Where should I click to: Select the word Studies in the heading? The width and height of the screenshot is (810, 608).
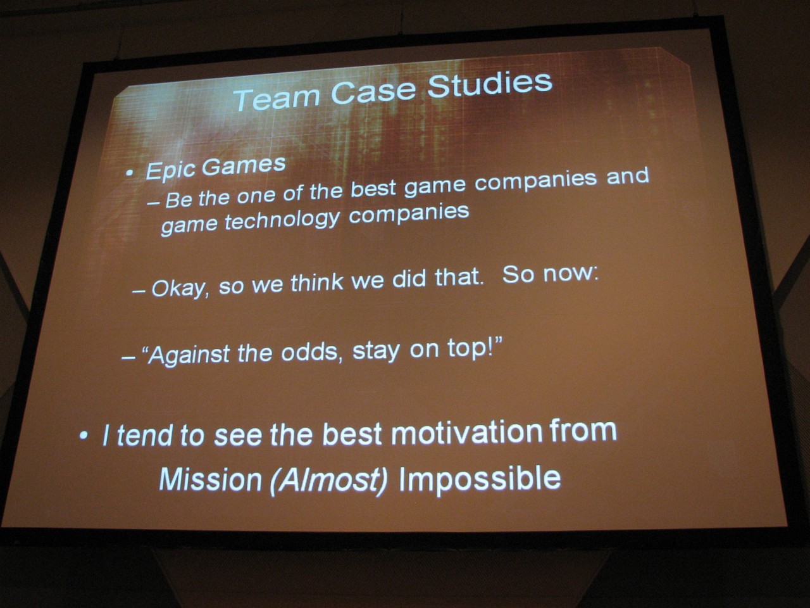click(x=489, y=85)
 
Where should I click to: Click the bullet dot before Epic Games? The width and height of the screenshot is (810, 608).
click(x=128, y=172)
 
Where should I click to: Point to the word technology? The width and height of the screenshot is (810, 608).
click(x=282, y=221)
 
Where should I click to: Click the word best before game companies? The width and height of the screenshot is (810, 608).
click(x=373, y=189)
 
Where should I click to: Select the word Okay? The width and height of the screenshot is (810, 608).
click(x=180, y=289)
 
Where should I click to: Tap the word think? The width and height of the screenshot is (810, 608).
click(x=317, y=282)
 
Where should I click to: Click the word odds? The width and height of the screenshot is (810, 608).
click(x=309, y=352)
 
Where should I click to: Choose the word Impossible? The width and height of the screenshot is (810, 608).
click(x=480, y=479)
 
